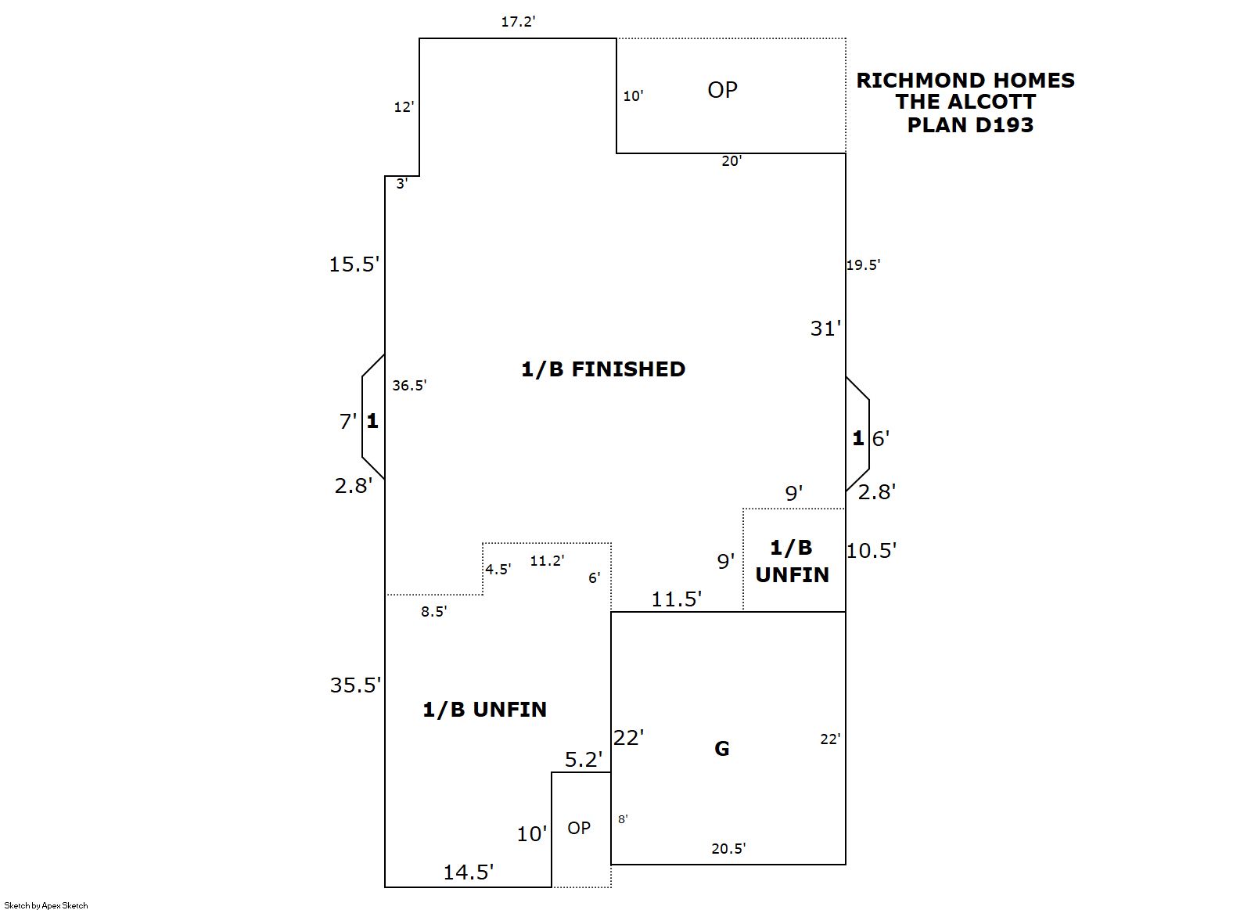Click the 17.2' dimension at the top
pyautogui.click(x=518, y=22)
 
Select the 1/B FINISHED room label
pyautogui.click(x=603, y=369)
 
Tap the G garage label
pyautogui.click(x=721, y=749)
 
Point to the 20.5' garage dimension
pyautogui.click(x=728, y=848)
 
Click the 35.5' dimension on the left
pyautogui.click(x=355, y=685)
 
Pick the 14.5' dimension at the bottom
pyautogui.click(x=469, y=872)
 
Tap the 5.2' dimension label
pyautogui.click(x=584, y=760)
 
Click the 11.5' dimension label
pyautogui.click(x=677, y=599)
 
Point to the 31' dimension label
pyautogui.click(x=825, y=329)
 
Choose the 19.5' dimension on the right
pyautogui.click(x=863, y=265)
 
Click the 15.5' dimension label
pyautogui.click(x=354, y=264)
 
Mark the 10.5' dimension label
pyautogui.click(x=871, y=551)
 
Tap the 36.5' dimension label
pyautogui.click(x=409, y=385)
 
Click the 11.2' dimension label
pyautogui.click(x=547, y=560)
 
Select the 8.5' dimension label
pyautogui.click(x=433, y=612)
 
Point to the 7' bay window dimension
pyautogui.click(x=348, y=422)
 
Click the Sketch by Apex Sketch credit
pyautogui.click(x=46, y=905)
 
